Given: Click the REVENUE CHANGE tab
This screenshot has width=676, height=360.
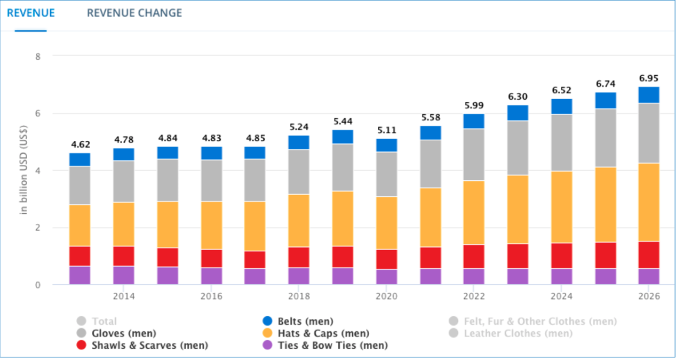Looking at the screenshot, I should click(x=134, y=13).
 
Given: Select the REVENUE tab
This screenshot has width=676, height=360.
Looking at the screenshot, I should click(x=31, y=13).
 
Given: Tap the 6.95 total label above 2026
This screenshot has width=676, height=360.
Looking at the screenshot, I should click(x=648, y=78).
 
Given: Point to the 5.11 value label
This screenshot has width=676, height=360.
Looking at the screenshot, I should click(x=387, y=130).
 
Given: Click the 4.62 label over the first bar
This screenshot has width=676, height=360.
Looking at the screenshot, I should click(x=80, y=145).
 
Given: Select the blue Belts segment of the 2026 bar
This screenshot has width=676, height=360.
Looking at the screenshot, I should click(x=648, y=95).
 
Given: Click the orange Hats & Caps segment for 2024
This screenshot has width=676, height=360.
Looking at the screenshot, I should click(x=561, y=207).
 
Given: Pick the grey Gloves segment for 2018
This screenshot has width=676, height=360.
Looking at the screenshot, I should click(x=299, y=172).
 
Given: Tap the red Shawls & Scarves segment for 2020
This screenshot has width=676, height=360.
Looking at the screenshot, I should click(x=387, y=259).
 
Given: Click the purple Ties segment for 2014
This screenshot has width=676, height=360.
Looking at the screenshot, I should click(x=124, y=275).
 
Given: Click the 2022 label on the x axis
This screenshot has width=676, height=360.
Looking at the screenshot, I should click(x=474, y=297).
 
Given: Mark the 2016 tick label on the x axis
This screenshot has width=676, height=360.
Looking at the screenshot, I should click(x=211, y=297).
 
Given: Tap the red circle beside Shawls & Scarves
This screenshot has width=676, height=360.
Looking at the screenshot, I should click(x=81, y=346).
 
